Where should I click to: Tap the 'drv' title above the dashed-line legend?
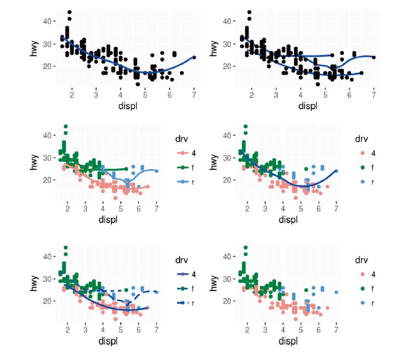(182, 259)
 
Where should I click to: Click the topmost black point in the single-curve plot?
(69, 11)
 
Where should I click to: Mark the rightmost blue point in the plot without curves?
(336, 292)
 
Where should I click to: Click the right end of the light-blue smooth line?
(156, 171)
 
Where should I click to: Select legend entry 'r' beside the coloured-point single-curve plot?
(373, 182)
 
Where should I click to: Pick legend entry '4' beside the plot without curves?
(373, 274)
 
